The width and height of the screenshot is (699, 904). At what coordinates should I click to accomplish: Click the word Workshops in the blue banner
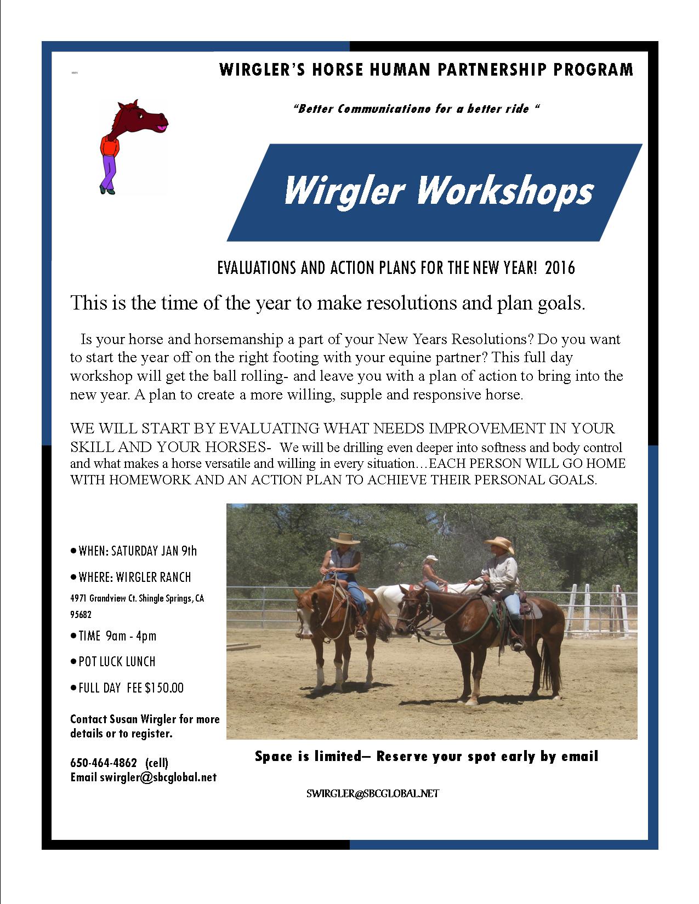504,191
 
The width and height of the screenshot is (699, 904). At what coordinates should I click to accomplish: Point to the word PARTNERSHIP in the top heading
485,70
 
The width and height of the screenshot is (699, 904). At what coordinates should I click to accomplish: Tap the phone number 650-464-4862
104,763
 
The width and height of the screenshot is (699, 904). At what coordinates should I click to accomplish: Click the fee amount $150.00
164,688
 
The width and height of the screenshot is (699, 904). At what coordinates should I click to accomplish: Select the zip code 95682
81,615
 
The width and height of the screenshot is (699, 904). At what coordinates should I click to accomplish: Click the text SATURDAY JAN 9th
154,551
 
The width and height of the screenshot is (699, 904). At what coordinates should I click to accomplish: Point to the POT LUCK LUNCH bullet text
117,661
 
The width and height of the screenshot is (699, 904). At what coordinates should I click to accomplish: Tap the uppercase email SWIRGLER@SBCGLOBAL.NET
373,793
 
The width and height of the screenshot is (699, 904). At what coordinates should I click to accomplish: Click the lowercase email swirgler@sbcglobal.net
158,777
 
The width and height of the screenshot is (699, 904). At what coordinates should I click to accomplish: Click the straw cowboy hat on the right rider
499,543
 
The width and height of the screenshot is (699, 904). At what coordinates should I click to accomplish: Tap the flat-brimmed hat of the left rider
345,539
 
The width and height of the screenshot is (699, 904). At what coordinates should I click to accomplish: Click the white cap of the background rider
431,558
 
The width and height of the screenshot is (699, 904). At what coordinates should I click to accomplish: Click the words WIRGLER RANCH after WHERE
153,577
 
